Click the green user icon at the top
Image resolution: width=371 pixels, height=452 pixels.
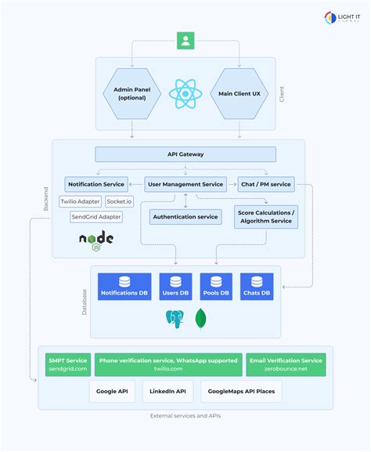pos(185,40)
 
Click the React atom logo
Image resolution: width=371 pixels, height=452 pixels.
pos(185,94)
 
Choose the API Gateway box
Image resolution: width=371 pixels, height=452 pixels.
pos(185,154)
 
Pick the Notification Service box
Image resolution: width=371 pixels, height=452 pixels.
pos(96,185)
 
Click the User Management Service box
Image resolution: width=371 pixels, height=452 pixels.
pos(185,185)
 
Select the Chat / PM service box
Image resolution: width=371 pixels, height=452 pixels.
pos(266,185)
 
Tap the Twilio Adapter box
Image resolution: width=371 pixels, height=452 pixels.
pos(85,201)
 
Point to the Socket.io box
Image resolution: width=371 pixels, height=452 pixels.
pos(119,201)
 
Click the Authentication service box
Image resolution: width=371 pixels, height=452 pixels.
pos(185,216)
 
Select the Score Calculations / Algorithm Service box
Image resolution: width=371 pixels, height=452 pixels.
pos(266,217)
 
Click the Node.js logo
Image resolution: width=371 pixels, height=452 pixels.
pos(95,239)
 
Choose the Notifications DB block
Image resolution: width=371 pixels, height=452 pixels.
pos(124,286)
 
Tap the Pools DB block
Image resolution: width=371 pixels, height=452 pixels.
pos(216,286)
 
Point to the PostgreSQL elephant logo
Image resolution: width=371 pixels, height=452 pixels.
pos(175,318)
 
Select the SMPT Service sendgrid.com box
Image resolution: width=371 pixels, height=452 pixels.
pos(68,364)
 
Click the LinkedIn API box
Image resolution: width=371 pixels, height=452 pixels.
pos(169,391)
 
